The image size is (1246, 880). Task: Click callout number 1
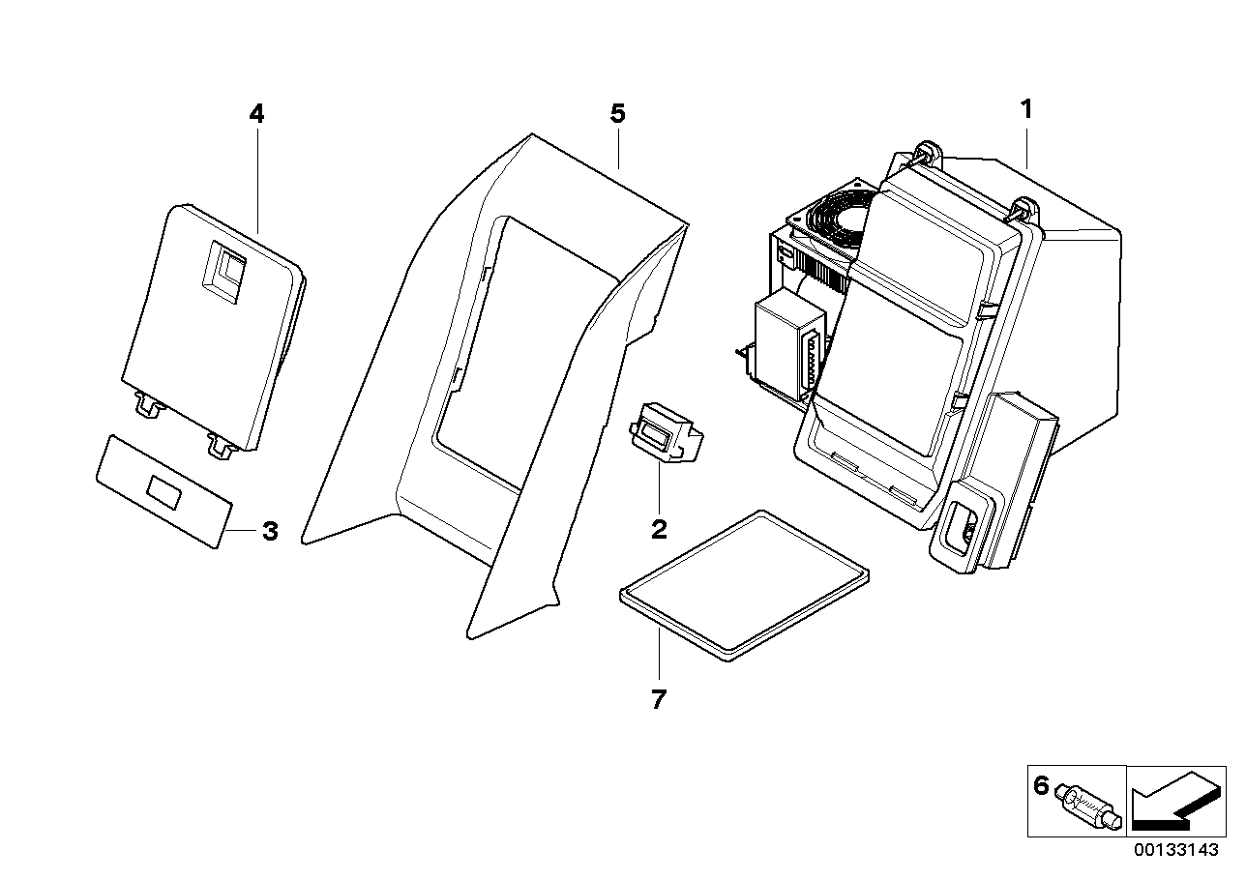pyautogui.click(x=1026, y=109)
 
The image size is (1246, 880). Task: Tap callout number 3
pyautogui.click(x=270, y=531)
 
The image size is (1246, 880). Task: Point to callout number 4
pyautogui.click(x=255, y=114)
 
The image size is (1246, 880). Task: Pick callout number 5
pyautogui.click(x=617, y=114)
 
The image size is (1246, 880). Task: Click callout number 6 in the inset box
pyautogui.click(x=1041, y=786)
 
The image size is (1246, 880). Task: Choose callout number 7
pyautogui.click(x=658, y=699)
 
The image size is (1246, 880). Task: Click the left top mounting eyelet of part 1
pyautogui.click(x=929, y=151)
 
